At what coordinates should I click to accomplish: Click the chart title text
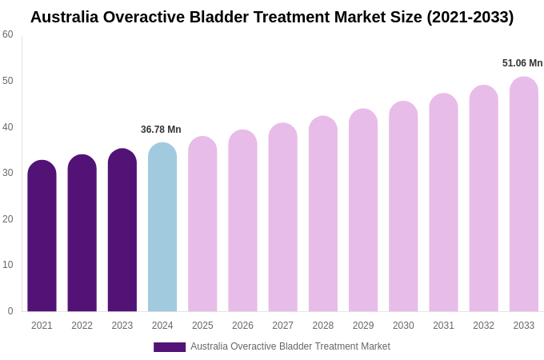272,17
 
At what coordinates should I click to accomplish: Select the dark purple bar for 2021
42,236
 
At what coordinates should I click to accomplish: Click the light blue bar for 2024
162,227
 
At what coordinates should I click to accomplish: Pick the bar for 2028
323,214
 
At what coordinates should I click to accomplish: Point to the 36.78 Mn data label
161,130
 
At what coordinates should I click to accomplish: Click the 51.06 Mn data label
522,63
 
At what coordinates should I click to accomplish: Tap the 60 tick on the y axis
8,34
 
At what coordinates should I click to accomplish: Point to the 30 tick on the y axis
8,173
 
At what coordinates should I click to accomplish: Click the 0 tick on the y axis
10,311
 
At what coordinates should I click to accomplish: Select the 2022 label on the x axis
82,326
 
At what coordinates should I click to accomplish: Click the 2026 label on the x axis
242,326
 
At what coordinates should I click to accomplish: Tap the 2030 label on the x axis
403,326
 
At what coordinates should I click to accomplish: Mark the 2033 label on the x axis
524,326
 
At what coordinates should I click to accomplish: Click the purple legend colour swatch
170,347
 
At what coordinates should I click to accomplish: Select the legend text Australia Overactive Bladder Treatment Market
290,346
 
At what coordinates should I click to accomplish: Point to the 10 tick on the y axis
8,265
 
